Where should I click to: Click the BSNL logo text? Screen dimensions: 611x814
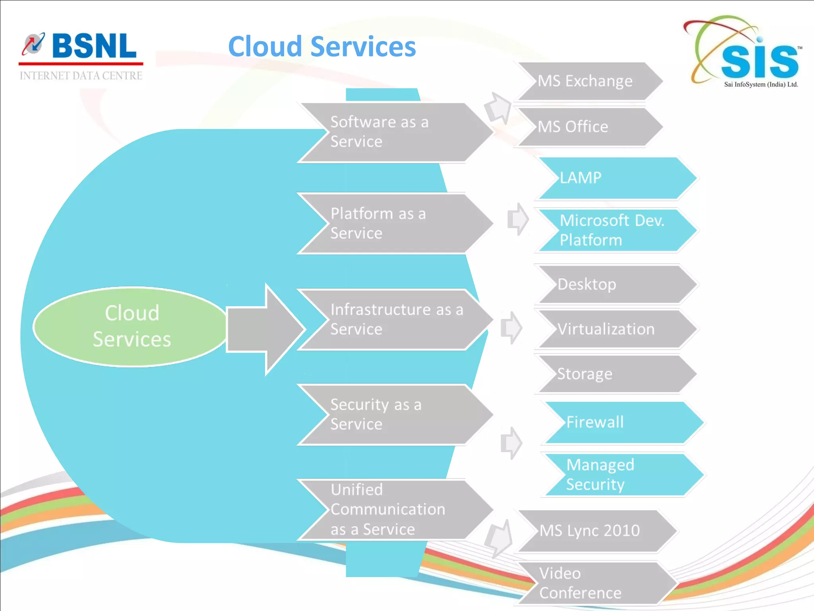tap(93, 47)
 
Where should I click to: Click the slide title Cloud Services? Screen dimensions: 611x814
tap(322, 47)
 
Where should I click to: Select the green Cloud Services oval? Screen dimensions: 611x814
tap(131, 326)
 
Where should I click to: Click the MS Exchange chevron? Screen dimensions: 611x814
tap(588, 81)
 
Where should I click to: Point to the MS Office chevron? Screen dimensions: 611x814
tap(588, 127)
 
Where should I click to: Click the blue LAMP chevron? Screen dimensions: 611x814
tap(616, 178)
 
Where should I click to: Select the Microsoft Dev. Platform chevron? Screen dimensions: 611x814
tap(616, 230)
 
